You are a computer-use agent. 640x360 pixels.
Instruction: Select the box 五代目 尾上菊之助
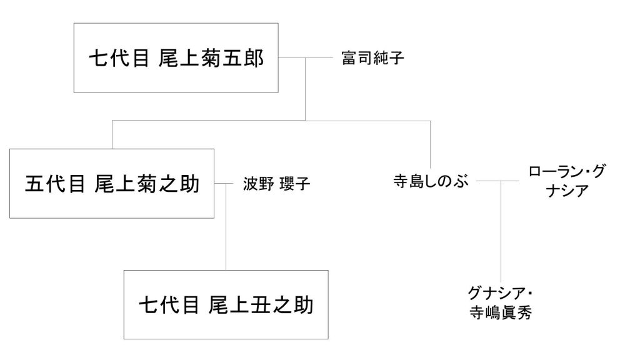[x=112, y=184]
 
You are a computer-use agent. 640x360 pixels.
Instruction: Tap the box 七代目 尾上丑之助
[x=226, y=304]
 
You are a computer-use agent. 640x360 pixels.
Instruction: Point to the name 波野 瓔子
[x=276, y=184]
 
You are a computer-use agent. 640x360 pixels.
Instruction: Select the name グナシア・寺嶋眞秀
[x=501, y=304]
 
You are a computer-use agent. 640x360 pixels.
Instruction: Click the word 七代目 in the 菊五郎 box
[x=118, y=59]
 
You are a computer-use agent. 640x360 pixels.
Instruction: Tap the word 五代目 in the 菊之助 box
[x=54, y=184]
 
